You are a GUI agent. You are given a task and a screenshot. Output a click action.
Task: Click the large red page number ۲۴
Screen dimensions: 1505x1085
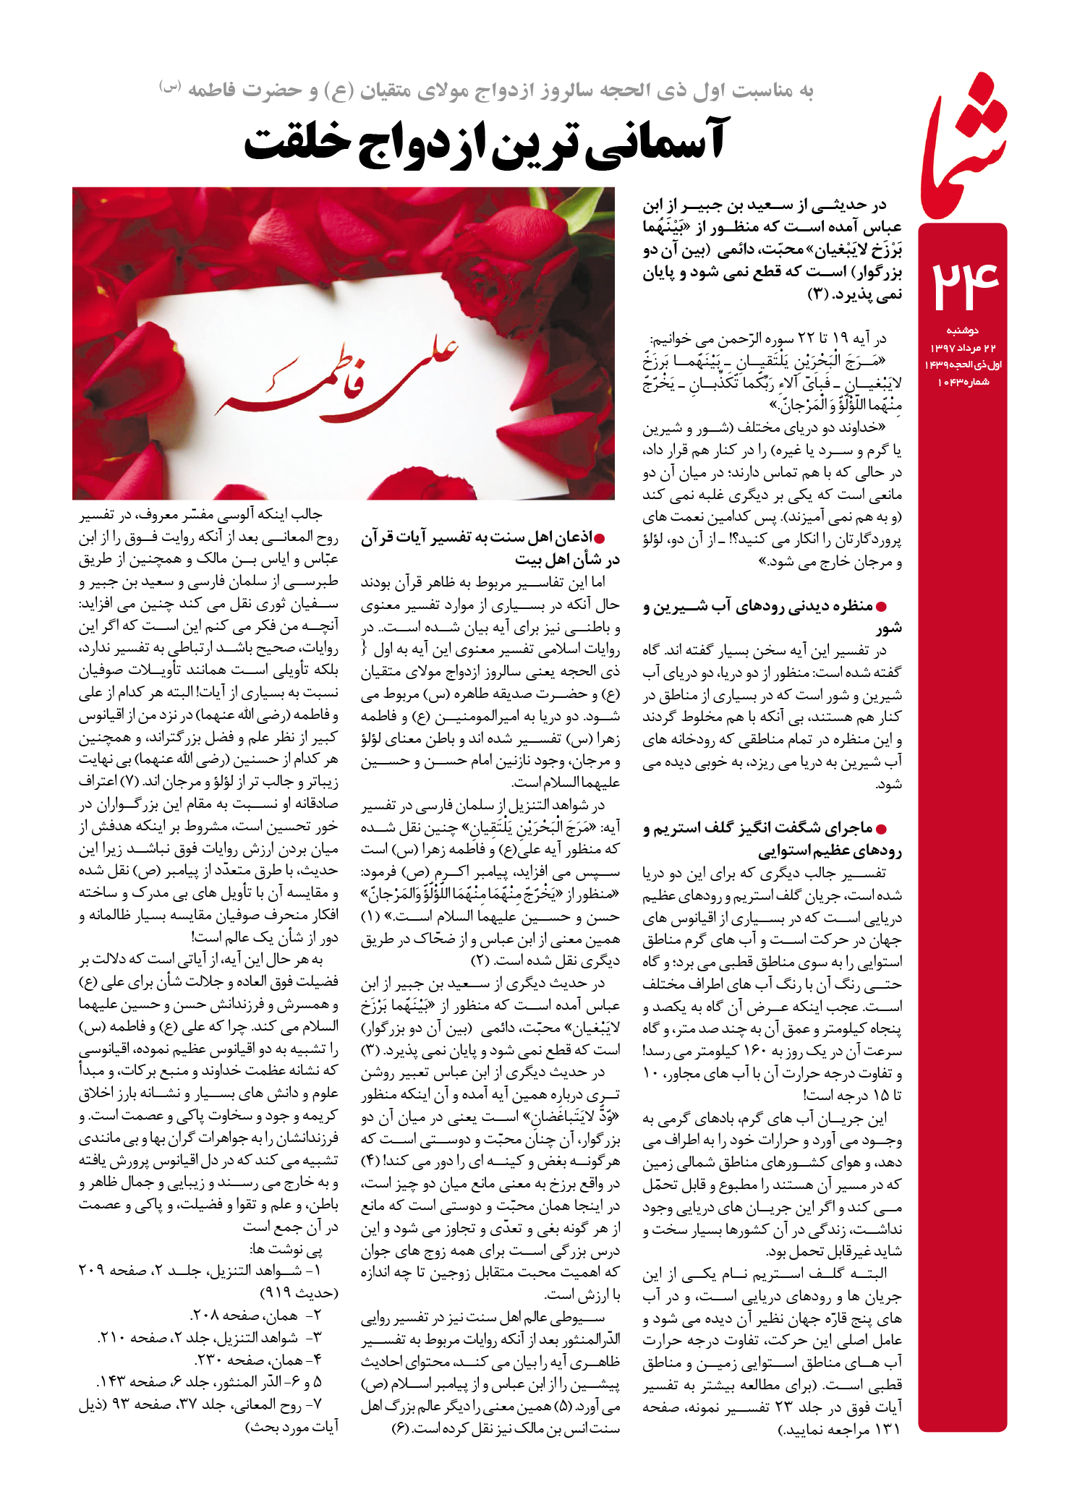click(963, 283)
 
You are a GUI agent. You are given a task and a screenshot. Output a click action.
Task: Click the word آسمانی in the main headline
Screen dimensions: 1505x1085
click(654, 142)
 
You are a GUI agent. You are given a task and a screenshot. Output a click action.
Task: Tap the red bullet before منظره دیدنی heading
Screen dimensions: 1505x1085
click(881, 607)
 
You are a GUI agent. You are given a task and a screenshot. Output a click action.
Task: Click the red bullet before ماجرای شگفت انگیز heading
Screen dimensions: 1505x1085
click(881, 829)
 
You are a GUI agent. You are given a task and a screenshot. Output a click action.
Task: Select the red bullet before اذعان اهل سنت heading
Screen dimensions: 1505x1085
click(598, 537)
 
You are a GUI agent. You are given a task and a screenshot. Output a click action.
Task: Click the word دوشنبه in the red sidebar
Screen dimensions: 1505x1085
click(963, 331)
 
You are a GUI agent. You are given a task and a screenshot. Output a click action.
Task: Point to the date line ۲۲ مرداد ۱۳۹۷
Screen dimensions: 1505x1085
click(963, 349)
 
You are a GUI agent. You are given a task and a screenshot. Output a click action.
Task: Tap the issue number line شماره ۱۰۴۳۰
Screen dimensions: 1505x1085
click(963, 382)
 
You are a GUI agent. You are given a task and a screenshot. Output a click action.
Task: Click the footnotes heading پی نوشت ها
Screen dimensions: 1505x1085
click(286, 1249)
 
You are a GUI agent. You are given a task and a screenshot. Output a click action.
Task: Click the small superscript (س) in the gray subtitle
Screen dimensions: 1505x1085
click(170, 87)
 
